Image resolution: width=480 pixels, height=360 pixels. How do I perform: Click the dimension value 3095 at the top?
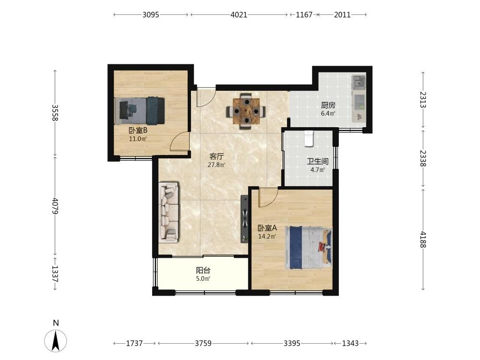pos(151,15)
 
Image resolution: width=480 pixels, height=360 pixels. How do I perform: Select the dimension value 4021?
pos(239,15)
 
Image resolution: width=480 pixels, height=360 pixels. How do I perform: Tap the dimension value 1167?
pos(304,15)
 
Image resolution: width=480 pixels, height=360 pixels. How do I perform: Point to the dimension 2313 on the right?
pos(423,99)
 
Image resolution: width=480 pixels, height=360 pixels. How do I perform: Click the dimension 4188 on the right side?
pos(423,240)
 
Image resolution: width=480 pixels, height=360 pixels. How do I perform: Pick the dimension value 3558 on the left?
pos(55,113)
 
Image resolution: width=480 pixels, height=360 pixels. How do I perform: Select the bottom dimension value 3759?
pos(203,343)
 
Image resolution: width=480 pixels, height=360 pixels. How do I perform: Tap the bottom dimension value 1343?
pos(350,343)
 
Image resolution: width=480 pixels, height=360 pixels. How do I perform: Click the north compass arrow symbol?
pos(55,340)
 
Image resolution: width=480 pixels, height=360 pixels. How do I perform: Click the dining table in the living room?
pos(246,111)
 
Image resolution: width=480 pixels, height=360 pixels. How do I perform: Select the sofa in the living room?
pos(168,213)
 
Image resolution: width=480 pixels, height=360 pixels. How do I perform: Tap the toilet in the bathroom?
pos(309,138)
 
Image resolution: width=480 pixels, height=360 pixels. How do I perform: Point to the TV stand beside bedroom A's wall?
pos(245,218)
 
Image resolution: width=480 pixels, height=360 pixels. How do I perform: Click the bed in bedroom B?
pos(140,110)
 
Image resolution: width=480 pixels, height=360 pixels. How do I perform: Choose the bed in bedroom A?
pos(308,248)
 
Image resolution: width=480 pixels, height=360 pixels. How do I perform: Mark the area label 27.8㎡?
pos(216,165)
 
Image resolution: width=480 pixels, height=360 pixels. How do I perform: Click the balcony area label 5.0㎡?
pos(203,279)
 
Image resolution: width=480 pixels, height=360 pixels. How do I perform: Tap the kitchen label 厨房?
pos(328,105)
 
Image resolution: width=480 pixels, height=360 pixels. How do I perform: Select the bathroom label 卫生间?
pos(318,161)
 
